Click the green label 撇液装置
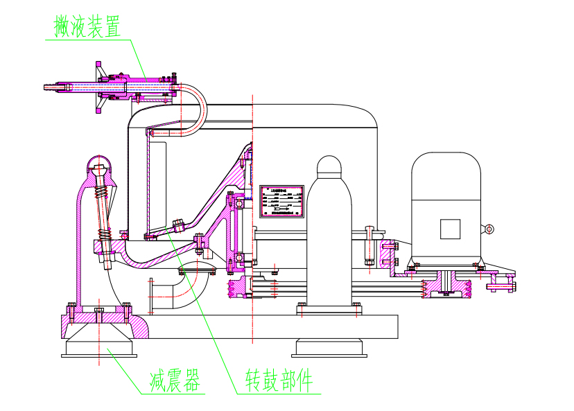87,26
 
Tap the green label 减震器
175,381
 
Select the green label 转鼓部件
279,381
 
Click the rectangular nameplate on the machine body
282,202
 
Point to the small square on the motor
450,228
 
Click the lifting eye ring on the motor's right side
489,229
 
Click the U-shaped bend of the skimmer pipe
198,111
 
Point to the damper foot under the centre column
329,346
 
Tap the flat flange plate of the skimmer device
98,87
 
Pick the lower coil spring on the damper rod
106,235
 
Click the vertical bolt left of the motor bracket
370,246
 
